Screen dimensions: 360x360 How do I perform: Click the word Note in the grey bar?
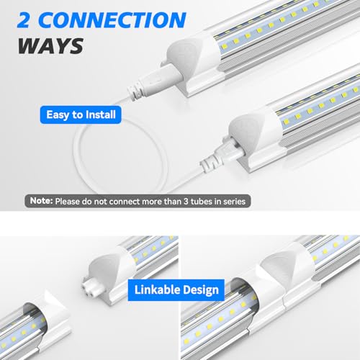click(40, 202)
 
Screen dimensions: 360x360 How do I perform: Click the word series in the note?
click(232, 202)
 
